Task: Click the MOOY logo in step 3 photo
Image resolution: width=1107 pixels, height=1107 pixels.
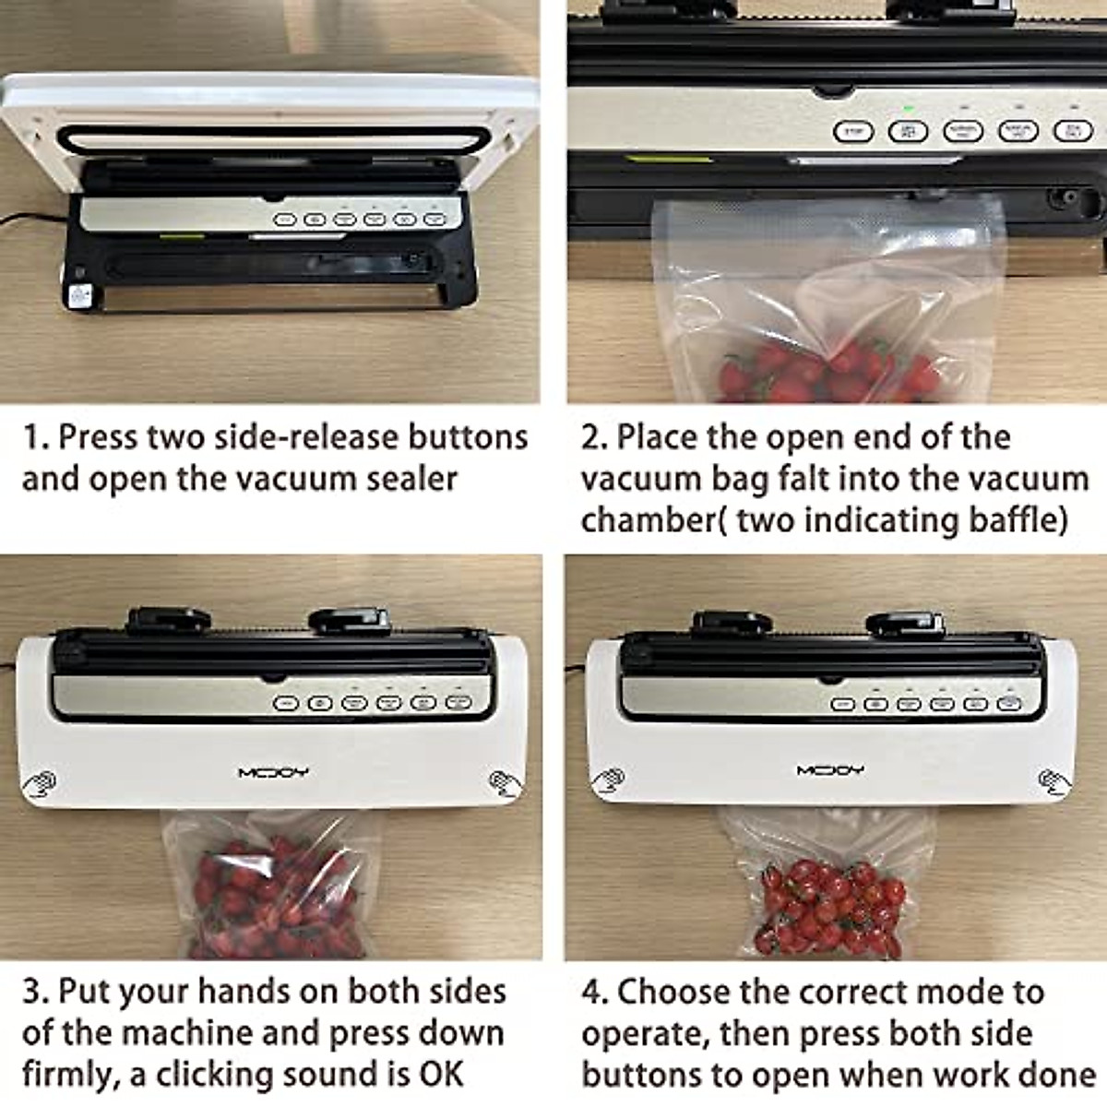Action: tap(273, 771)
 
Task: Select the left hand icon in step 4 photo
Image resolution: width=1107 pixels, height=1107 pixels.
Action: tap(607, 781)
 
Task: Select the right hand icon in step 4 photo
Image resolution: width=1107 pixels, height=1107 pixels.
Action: tap(1053, 781)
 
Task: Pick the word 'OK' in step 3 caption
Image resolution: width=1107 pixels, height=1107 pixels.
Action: tap(441, 1075)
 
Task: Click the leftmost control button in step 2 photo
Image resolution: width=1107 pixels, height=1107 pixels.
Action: tap(853, 132)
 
